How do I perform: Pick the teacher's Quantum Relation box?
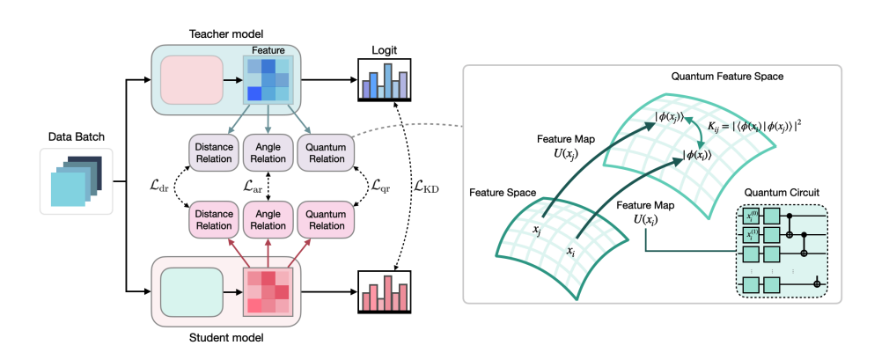click(x=324, y=152)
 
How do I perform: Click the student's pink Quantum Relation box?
click(x=324, y=217)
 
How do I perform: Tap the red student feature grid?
click(x=268, y=291)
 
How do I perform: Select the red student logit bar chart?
click(x=386, y=291)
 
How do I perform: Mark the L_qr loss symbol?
click(x=380, y=186)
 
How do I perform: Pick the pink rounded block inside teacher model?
click(x=193, y=78)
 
